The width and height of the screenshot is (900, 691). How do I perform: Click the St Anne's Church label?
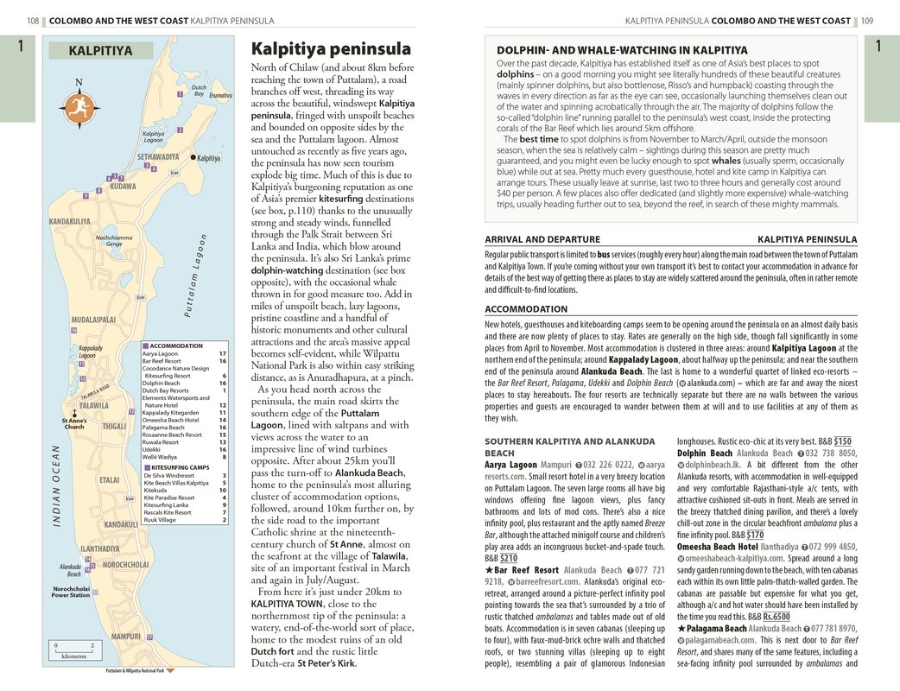pos(74,423)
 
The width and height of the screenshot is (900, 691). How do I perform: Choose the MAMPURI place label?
pos(125,637)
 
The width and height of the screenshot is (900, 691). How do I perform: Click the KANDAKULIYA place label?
pos(70,222)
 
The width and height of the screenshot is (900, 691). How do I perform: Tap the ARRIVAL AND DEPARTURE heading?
pos(542,239)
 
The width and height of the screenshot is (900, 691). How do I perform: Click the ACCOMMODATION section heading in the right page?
pos(526,308)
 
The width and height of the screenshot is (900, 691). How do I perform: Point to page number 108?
pos(34,21)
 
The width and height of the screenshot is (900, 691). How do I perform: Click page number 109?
pos(866,21)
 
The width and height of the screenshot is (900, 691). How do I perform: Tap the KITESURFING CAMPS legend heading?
pos(178,467)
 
